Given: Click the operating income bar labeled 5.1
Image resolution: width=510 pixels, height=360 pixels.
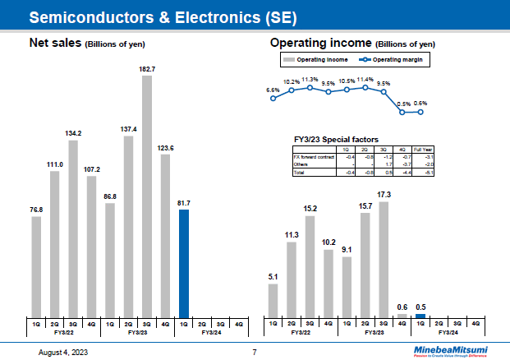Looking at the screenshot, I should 273,300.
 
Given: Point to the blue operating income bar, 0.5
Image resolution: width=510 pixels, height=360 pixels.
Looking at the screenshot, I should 420,316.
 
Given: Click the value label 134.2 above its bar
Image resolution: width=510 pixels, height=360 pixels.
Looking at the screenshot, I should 73,132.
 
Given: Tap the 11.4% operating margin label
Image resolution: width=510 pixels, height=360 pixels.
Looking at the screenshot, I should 365,80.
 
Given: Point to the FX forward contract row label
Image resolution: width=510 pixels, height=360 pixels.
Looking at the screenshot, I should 309,155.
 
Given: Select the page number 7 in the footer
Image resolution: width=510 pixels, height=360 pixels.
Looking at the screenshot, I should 255,352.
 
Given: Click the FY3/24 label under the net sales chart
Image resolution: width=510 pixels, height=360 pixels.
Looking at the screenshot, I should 211,333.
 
